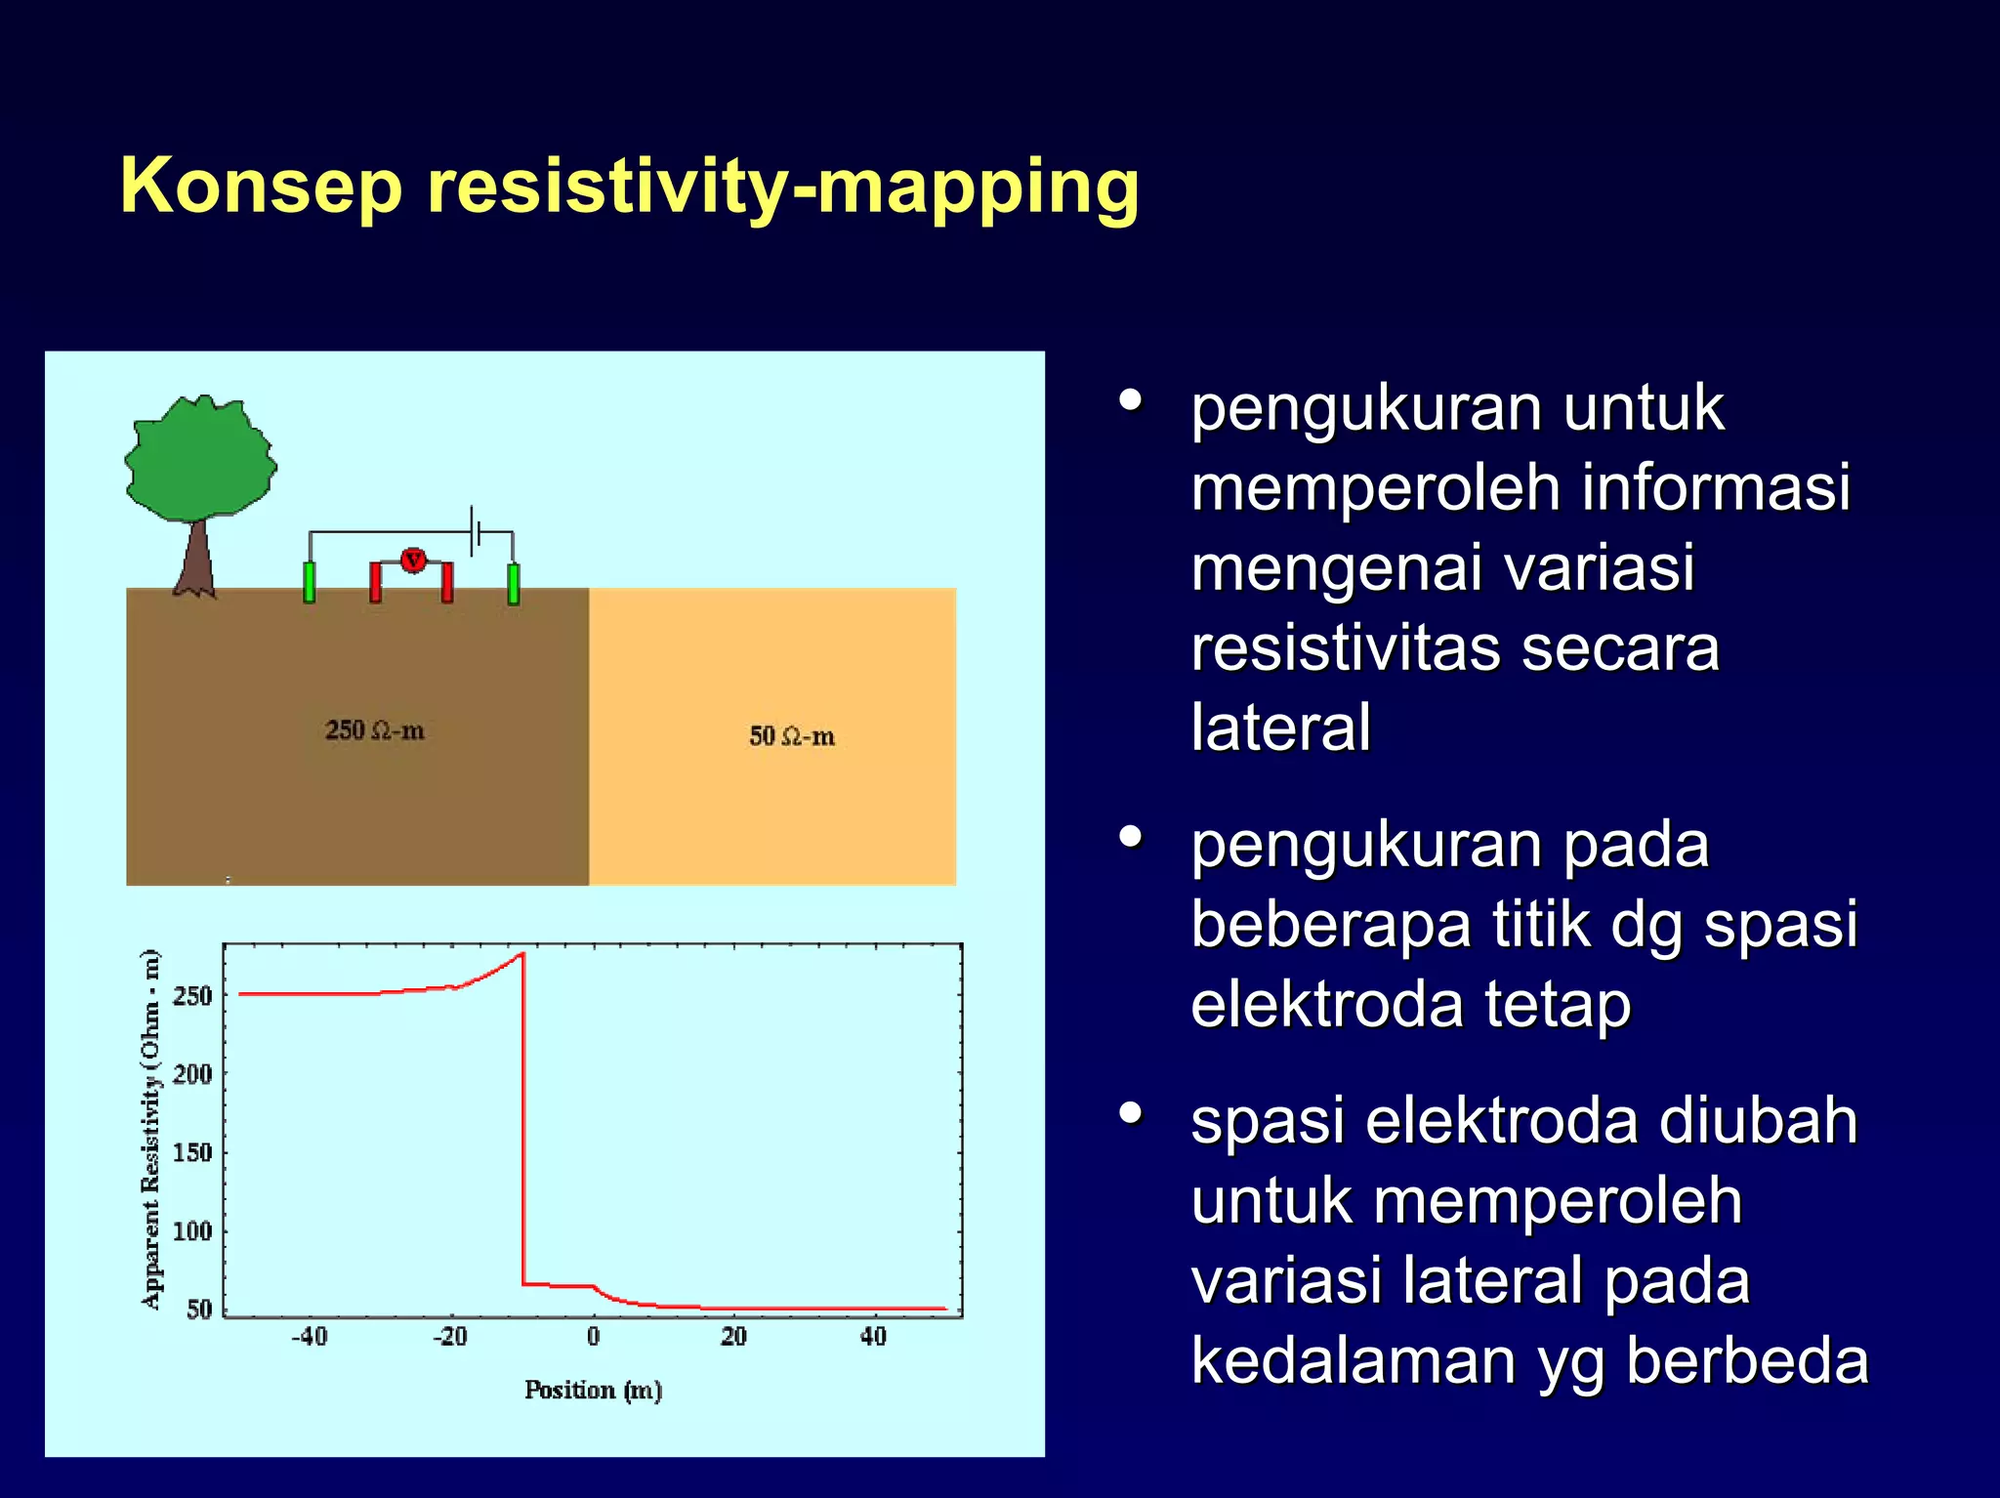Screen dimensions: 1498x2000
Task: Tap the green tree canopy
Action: (x=200, y=457)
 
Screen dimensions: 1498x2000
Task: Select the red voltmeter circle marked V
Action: (x=413, y=560)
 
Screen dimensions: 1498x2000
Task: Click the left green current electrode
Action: (x=310, y=582)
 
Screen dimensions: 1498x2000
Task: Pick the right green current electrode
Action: (x=513, y=583)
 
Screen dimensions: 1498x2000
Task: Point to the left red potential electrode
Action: (x=376, y=582)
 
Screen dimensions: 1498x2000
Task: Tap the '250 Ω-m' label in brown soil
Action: (x=374, y=730)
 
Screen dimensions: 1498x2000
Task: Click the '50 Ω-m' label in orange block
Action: (x=791, y=736)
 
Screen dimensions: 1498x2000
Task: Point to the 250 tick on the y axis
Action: (x=192, y=996)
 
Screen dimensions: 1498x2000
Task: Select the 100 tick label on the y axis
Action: (x=192, y=1230)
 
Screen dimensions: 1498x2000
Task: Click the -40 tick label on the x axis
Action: (x=310, y=1336)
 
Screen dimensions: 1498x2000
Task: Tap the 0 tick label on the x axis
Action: (x=593, y=1336)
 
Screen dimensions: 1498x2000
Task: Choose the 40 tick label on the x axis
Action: (x=873, y=1336)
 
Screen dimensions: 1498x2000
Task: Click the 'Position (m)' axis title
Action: (x=593, y=1390)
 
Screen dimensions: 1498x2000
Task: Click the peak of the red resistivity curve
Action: (x=522, y=954)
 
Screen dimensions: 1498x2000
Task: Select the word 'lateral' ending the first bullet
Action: (x=1280, y=727)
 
